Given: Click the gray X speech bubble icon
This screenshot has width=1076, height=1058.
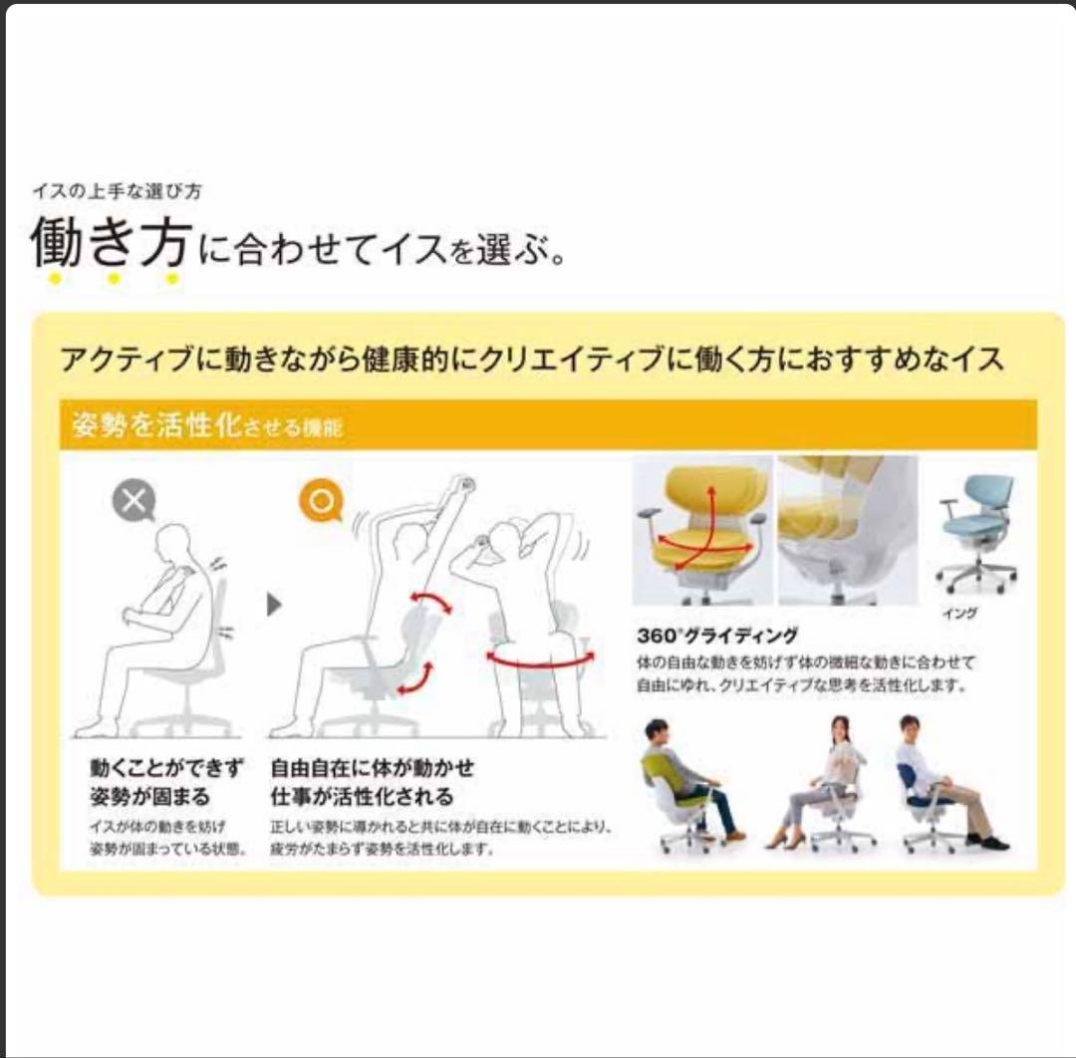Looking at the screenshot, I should pos(134,501).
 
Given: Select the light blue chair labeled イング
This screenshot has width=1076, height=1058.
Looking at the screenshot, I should pos(977,532).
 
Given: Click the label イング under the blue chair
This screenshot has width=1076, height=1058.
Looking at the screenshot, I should pos(959,614).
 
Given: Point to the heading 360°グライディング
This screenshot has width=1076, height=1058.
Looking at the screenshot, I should pos(717,635).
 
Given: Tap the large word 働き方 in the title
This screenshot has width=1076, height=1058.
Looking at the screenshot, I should pos(110,243).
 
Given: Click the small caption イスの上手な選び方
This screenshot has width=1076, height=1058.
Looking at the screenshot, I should pos(117,191).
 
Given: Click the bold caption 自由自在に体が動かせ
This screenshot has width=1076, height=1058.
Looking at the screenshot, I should pos(372,768).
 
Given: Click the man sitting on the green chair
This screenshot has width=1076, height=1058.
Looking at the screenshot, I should pos(687,777).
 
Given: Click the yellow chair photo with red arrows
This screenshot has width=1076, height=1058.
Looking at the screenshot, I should pos(701,530).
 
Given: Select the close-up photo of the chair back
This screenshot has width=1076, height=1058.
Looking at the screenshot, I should pos(847,530).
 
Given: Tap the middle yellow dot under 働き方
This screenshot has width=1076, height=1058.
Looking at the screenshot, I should pos(114,279).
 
